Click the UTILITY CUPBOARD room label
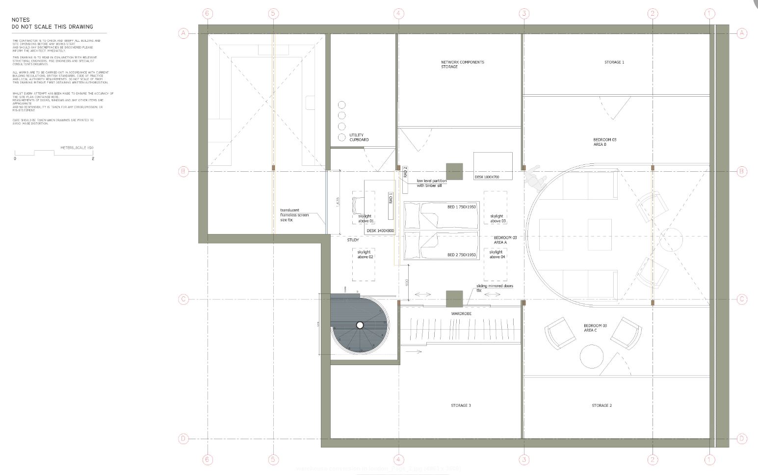tap(359, 137)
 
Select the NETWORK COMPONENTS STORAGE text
tap(462, 64)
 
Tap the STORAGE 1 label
tap(614, 62)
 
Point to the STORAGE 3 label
tap(461, 405)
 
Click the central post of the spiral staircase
tap(360, 325)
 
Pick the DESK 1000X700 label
tap(487, 177)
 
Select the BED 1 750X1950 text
tap(461, 207)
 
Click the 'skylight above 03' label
tap(497, 218)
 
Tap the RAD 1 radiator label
tap(391, 198)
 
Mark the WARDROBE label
tap(461, 313)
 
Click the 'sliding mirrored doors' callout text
tap(494, 288)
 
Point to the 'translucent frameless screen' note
tap(294, 215)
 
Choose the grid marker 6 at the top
tap(207, 13)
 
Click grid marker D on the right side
tap(742, 439)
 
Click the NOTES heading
tap(21, 20)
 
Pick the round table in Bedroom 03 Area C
tap(592, 356)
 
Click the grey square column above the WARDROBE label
tap(454, 299)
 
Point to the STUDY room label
tap(353, 240)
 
